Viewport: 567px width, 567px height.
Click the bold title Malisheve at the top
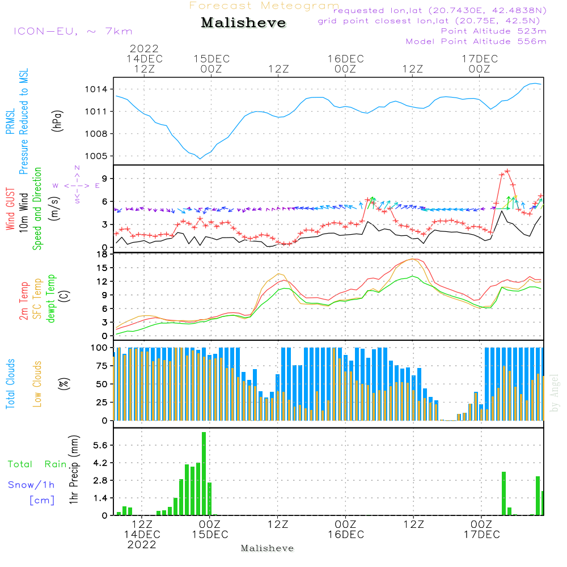243,23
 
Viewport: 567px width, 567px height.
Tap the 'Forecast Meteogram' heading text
264,6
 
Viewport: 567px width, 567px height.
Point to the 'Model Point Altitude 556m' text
476,41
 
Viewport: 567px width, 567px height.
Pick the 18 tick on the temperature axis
101,254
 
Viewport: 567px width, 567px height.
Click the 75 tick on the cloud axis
101,366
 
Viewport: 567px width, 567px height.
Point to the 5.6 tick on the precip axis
100,446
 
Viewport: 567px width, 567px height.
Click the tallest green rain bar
204,473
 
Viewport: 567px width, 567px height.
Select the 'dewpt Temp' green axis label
52,299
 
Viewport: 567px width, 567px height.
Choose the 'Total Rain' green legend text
37,464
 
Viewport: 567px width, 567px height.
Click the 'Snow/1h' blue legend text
32,485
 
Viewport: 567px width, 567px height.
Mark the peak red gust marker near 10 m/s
507,171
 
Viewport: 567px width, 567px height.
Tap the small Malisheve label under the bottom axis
268,548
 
